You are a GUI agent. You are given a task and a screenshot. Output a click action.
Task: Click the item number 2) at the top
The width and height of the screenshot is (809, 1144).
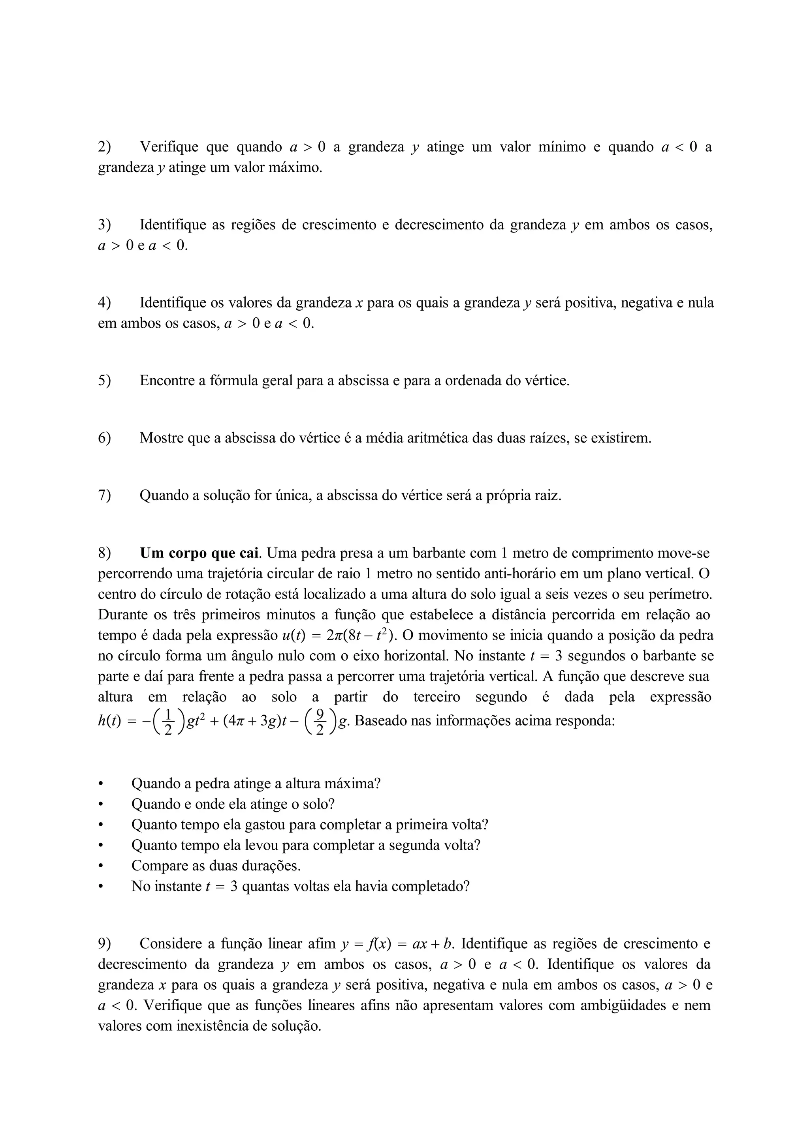pyautogui.click(x=104, y=147)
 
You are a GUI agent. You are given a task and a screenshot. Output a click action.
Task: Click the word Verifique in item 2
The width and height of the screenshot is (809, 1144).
pyautogui.click(x=169, y=147)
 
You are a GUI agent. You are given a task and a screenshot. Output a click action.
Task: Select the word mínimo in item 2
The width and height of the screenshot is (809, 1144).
pyautogui.click(x=562, y=147)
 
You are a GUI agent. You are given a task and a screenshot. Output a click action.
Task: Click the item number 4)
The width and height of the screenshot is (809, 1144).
pyautogui.click(x=104, y=302)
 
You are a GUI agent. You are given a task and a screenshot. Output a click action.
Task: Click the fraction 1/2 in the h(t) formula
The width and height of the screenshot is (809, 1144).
pyautogui.click(x=168, y=722)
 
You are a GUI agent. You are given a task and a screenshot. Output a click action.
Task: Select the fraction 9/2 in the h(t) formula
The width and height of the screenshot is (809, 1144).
pyautogui.click(x=320, y=722)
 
